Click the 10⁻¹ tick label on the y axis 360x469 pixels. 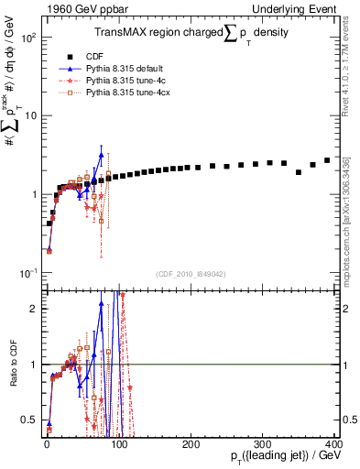coord(27,273)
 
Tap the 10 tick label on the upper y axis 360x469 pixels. coord(29,116)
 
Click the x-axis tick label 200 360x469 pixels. coord(190,444)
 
